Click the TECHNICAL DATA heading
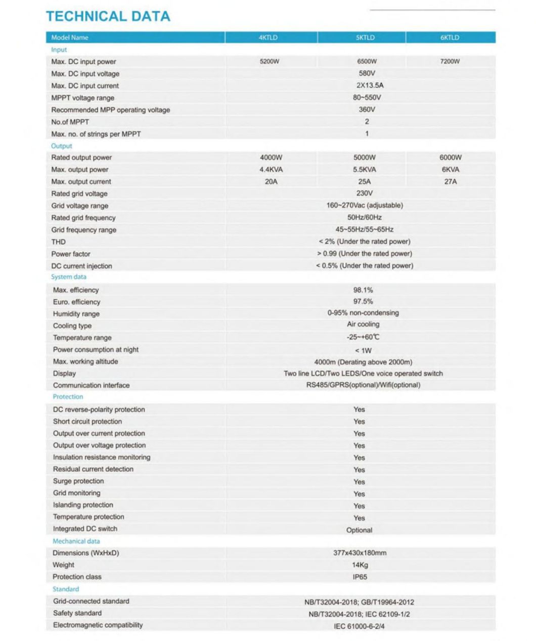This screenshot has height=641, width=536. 108,16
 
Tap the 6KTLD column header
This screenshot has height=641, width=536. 450,37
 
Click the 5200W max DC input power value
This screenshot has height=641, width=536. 269,62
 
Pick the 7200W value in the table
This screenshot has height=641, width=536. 450,62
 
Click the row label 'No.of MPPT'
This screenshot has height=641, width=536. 70,122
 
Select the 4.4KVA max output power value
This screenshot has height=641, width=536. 271,169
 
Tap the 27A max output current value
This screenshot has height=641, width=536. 450,181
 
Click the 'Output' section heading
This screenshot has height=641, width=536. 62,146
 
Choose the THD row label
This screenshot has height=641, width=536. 59,242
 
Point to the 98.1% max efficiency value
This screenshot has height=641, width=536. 363,290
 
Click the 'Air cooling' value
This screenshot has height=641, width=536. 363,325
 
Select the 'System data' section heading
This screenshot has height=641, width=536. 69,277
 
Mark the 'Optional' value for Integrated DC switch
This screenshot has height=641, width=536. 359,530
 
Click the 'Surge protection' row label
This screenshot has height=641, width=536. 78,481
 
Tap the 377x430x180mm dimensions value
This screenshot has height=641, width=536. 360,553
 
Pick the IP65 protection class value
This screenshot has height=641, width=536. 360,577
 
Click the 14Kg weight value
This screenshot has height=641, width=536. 360,565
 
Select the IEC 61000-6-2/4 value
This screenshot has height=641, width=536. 359,626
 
